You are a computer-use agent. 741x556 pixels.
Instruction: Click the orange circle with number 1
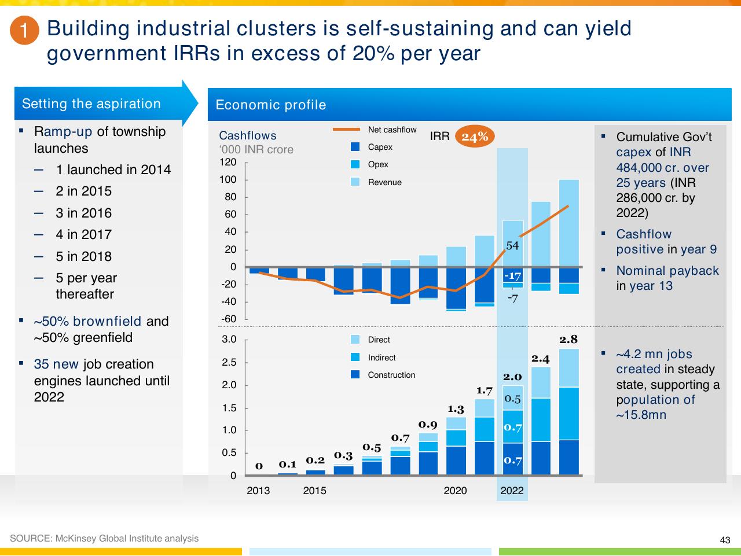(x=25, y=30)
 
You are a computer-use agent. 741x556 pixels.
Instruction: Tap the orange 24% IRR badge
(x=475, y=137)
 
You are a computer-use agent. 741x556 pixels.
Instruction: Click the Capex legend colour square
(x=355, y=147)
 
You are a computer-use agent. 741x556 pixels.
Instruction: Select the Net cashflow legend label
(x=392, y=130)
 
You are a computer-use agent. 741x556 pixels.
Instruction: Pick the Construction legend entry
(x=383, y=374)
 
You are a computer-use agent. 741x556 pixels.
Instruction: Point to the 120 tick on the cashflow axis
(x=228, y=162)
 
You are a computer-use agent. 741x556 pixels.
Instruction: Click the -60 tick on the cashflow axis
(x=229, y=319)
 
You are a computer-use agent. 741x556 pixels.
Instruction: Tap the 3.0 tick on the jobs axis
(x=229, y=339)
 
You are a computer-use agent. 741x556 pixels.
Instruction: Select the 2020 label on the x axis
(x=455, y=491)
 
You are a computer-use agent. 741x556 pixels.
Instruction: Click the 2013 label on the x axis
(x=258, y=491)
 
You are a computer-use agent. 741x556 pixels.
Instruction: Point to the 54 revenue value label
(x=512, y=246)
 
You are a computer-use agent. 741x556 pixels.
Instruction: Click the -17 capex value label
(x=512, y=276)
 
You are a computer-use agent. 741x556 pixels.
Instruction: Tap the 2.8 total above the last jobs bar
(x=568, y=340)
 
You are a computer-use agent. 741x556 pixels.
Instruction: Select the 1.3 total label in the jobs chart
(x=456, y=409)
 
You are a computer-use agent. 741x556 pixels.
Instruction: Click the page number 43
(x=725, y=540)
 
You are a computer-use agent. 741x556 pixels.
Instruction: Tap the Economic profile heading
(x=271, y=105)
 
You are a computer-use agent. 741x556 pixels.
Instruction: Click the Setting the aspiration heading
(x=91, y=104)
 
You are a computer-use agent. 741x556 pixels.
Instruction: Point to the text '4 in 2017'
(x=84, y=234)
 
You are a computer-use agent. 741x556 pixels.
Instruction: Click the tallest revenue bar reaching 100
(x=569, y=223)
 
